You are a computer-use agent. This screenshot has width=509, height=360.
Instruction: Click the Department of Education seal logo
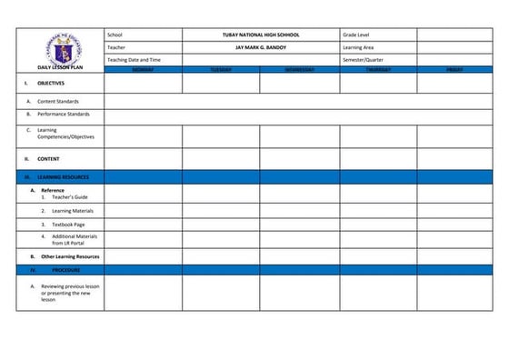click(60, 47)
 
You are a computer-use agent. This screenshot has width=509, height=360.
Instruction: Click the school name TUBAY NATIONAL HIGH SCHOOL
click(260, 35)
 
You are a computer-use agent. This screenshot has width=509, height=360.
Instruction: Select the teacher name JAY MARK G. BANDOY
click(260, 46)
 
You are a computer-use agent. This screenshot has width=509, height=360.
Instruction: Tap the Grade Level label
click(357, 35)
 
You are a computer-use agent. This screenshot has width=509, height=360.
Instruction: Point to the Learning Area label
click(360, 46)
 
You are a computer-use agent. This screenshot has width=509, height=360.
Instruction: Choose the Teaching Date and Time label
click(134, 59)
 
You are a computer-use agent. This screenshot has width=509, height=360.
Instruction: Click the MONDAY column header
click(143, 69)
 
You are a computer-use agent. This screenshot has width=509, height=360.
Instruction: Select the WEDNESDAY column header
click(299, 69)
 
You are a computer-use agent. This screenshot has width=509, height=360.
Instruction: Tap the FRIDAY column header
click(454, 69)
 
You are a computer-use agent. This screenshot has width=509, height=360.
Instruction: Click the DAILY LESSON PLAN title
click(60, 67)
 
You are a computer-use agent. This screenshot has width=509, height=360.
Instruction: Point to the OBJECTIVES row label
click(50, 83)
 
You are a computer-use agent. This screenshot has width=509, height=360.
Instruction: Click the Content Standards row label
click(58, 101)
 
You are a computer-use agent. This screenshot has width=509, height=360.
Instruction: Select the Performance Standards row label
click(63, 115)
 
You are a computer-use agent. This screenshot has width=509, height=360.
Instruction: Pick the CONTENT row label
click(48, 158)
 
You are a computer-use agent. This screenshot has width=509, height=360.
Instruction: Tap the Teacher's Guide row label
click(69, 196)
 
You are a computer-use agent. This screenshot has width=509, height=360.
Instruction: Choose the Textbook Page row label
click(68, 224)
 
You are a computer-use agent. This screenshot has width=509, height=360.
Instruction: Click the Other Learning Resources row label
click(70, 256)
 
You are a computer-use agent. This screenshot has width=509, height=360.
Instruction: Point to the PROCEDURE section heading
click(65, 270)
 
